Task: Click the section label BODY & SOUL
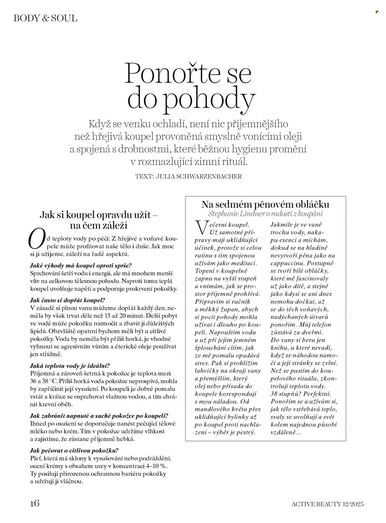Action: click(45, 18)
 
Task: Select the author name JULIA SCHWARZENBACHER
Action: click(199, 177)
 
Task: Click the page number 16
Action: click(35, 503)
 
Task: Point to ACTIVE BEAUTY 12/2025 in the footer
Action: click(328, 504)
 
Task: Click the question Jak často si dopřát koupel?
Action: click(68, 300)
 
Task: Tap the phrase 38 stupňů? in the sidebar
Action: click(284, 394)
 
